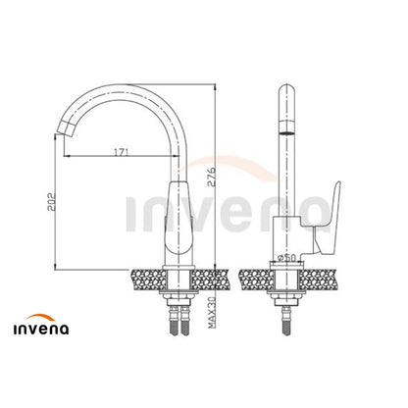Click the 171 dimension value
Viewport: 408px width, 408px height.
[121, 152]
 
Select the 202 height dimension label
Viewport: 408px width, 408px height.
[52, 202]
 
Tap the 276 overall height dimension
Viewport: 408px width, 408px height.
[212, 177]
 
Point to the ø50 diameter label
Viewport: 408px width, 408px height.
[286, 258]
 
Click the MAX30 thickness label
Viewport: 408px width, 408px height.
[212, 313]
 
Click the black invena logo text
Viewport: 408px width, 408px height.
[41, 329]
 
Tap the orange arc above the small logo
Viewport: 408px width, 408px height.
[40, 317]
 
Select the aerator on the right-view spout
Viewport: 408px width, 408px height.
[286, 132]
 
